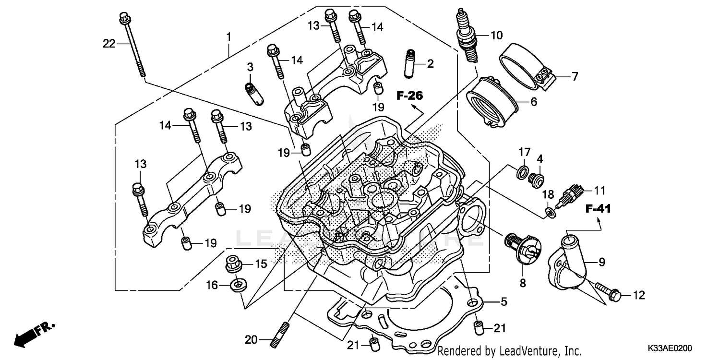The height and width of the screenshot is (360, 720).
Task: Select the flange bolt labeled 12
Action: click(608, 291)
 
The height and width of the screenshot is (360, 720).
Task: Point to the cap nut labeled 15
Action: click(233, 264)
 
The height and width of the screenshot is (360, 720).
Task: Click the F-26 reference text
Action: click(409, 96)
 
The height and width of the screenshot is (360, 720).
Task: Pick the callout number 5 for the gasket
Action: click(504, 302)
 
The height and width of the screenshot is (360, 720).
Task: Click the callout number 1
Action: click(229, 36)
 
